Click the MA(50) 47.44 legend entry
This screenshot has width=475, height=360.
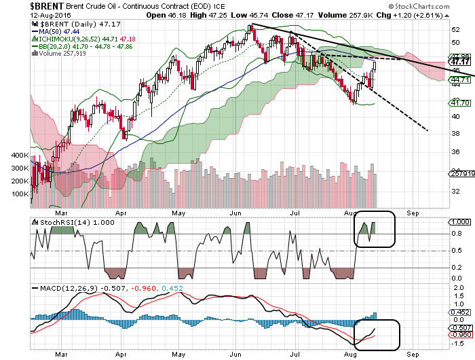tap(58, 31)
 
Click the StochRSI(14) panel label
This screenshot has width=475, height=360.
tap(63, 222)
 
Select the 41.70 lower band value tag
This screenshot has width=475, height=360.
tap(463, 102)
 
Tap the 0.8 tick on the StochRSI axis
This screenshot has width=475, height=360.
tap(457, 234)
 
